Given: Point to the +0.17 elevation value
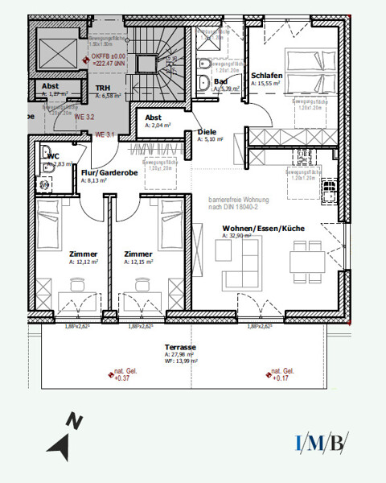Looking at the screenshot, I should click(280, 377).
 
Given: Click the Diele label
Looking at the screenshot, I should click(207, 131).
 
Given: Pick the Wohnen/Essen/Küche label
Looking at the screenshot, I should click(263, 229).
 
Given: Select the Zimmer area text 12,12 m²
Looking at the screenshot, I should click(83, 262).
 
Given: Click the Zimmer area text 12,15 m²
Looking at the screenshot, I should click(138, 262).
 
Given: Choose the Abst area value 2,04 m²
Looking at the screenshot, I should click(158, 126).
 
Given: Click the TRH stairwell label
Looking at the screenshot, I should click(103, 89).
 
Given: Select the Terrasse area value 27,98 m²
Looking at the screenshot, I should click(180, 354).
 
